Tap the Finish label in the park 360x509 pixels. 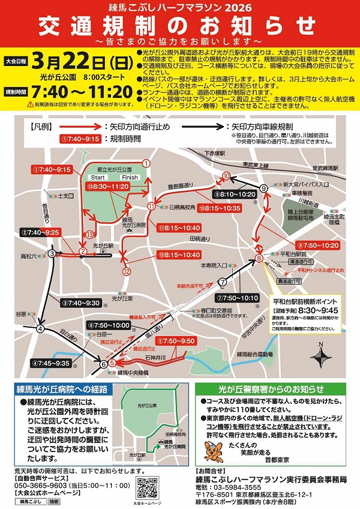(x=129, y=178)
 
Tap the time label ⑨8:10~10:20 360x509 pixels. (x=234, y=194)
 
